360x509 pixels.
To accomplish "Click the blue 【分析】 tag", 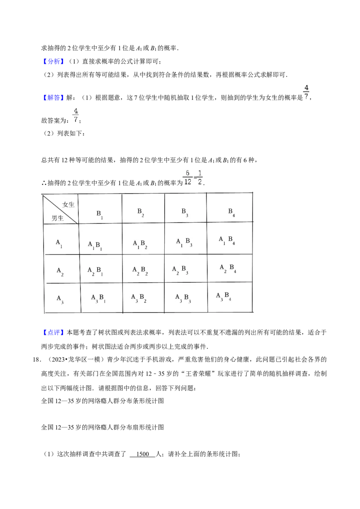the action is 53,61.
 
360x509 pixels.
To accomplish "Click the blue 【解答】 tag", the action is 53,98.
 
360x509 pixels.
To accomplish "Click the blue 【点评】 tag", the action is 53,332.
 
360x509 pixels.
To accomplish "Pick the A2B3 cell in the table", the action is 180,270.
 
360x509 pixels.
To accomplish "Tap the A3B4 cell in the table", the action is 224,296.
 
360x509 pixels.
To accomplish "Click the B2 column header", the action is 141,212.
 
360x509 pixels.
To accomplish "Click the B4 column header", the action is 232,212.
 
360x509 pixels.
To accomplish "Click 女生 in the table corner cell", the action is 68,205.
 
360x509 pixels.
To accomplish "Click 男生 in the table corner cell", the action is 57,218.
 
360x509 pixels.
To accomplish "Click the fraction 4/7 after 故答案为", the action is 76,115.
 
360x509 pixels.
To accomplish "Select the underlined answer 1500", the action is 143,454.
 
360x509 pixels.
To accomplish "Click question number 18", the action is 37,360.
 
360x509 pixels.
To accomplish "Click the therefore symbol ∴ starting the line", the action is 44,183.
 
